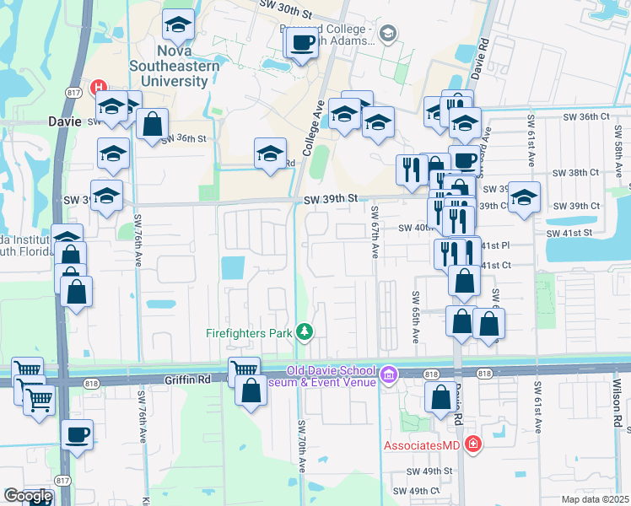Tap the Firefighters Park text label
click(x=249, y=333)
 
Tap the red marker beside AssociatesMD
click(x=472, y=444)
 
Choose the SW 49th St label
click(x=430, y=471)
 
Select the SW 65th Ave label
click(x=416, y=316)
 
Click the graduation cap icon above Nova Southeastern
click(x=178, y=26)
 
